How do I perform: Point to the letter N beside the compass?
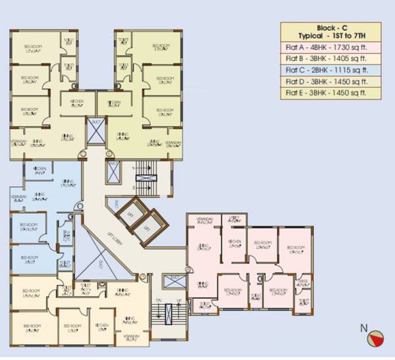point(363,327)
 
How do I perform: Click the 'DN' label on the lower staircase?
point(158,301)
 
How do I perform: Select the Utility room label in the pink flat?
point(234,219)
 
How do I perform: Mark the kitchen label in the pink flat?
point(234,242)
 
